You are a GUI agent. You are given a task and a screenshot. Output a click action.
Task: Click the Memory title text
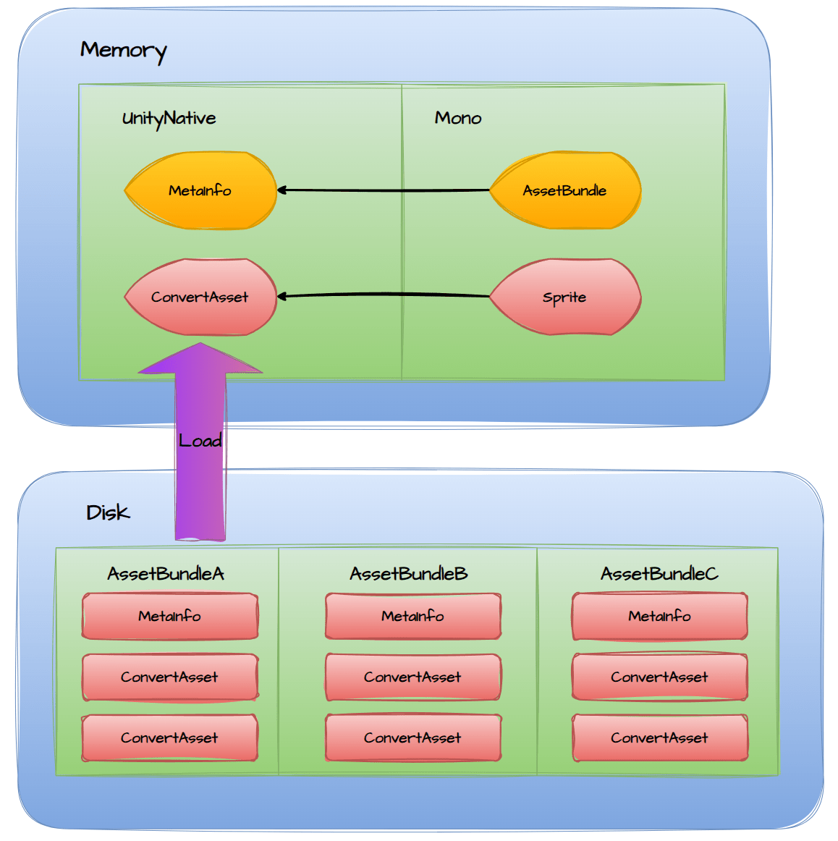[123, 50]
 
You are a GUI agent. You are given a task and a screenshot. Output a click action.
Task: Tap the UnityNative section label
[169, 119]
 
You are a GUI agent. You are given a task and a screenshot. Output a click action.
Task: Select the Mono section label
[457, 118]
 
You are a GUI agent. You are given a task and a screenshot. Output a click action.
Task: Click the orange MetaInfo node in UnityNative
[200, 190]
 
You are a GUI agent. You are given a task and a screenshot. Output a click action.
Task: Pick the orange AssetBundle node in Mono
[565, 190]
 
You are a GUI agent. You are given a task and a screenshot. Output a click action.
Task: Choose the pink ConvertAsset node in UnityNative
[200, 297]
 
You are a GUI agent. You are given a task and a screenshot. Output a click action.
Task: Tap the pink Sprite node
[565, 297]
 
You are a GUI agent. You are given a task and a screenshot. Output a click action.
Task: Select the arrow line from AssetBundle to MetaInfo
[384, 190]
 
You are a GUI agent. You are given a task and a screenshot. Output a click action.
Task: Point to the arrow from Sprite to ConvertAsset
[384, 295]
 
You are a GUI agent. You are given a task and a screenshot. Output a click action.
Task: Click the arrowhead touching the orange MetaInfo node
[282, 190]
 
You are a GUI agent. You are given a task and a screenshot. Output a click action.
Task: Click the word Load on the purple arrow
[200, 440]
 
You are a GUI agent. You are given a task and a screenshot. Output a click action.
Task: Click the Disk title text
[108, 512]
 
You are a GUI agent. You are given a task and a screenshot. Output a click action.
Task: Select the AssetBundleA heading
[166, 574]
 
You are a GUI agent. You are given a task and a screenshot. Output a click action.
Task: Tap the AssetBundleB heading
[409, 574]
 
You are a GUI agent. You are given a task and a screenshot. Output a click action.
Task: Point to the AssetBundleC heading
[659, 574]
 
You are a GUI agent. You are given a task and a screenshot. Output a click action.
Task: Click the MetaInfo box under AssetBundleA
[170, 616]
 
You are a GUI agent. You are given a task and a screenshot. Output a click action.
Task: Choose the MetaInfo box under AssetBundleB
[413, 616]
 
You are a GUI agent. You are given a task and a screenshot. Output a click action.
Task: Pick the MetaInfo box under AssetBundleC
[659, 616]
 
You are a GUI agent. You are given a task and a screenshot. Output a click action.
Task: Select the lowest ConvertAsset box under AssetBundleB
[413, 738]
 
